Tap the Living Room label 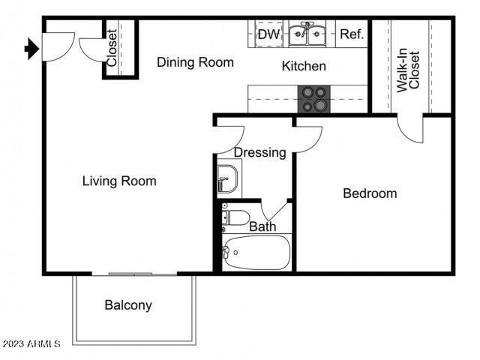pyautogui.click(x=119, y=181)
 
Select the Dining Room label pyautogui.click(x=195, y=62)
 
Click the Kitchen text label pyautogui.click(x=304, y=66)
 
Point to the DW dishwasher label pyautogui.click(x=268, y=34)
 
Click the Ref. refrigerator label pyautogui.click(x=351, y=34)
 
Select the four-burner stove pyautogui.click(x=314, y=99)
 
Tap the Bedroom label pyautogui.click(x=370, y=193)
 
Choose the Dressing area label pyautogui.click(x=259, y=153)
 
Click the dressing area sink pyautogui.click(x=226, y=178)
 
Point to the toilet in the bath pyautogui.click(x=235, y=217)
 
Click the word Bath pyautogui.click(x=262, y=226)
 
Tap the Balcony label pyautogui.click(x=128, y=305)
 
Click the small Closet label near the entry pyautogui.click(x=112, y=48)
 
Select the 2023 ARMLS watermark pyautogui.click(x=31, y=343)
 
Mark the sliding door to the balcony pyautogui.click(x=142, y=274)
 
